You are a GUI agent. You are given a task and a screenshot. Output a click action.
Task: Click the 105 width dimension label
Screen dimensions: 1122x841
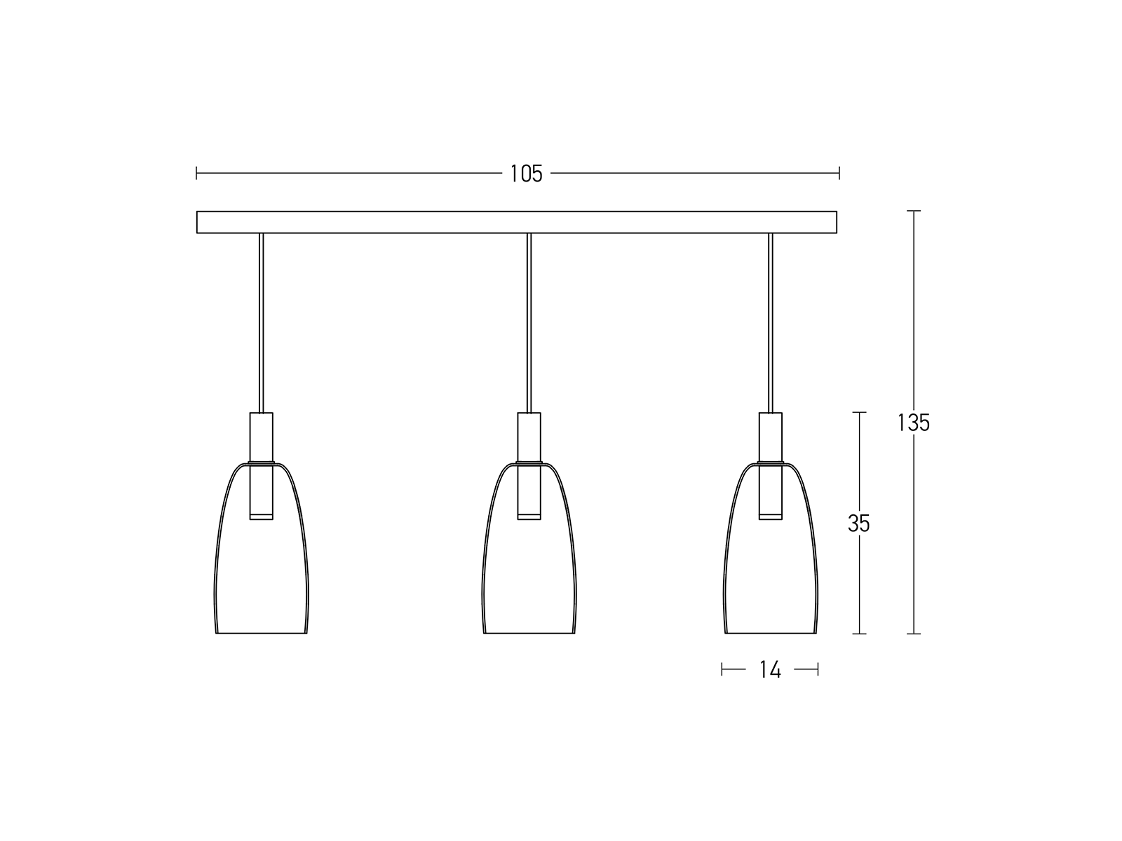pos(526,174)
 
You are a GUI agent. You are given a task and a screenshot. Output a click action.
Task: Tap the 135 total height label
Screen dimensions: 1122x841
pos(914,423)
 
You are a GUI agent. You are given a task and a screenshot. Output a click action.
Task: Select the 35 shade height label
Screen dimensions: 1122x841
pos(859,524)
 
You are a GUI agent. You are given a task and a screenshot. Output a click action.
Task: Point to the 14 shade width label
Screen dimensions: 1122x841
pos(770,669)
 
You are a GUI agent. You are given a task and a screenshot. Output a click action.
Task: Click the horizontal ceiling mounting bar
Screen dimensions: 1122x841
pos(516,222)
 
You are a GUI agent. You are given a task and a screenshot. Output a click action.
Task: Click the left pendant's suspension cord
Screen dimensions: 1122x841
pos(261,322)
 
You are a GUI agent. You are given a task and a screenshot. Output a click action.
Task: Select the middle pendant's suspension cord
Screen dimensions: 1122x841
pos(529,322)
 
